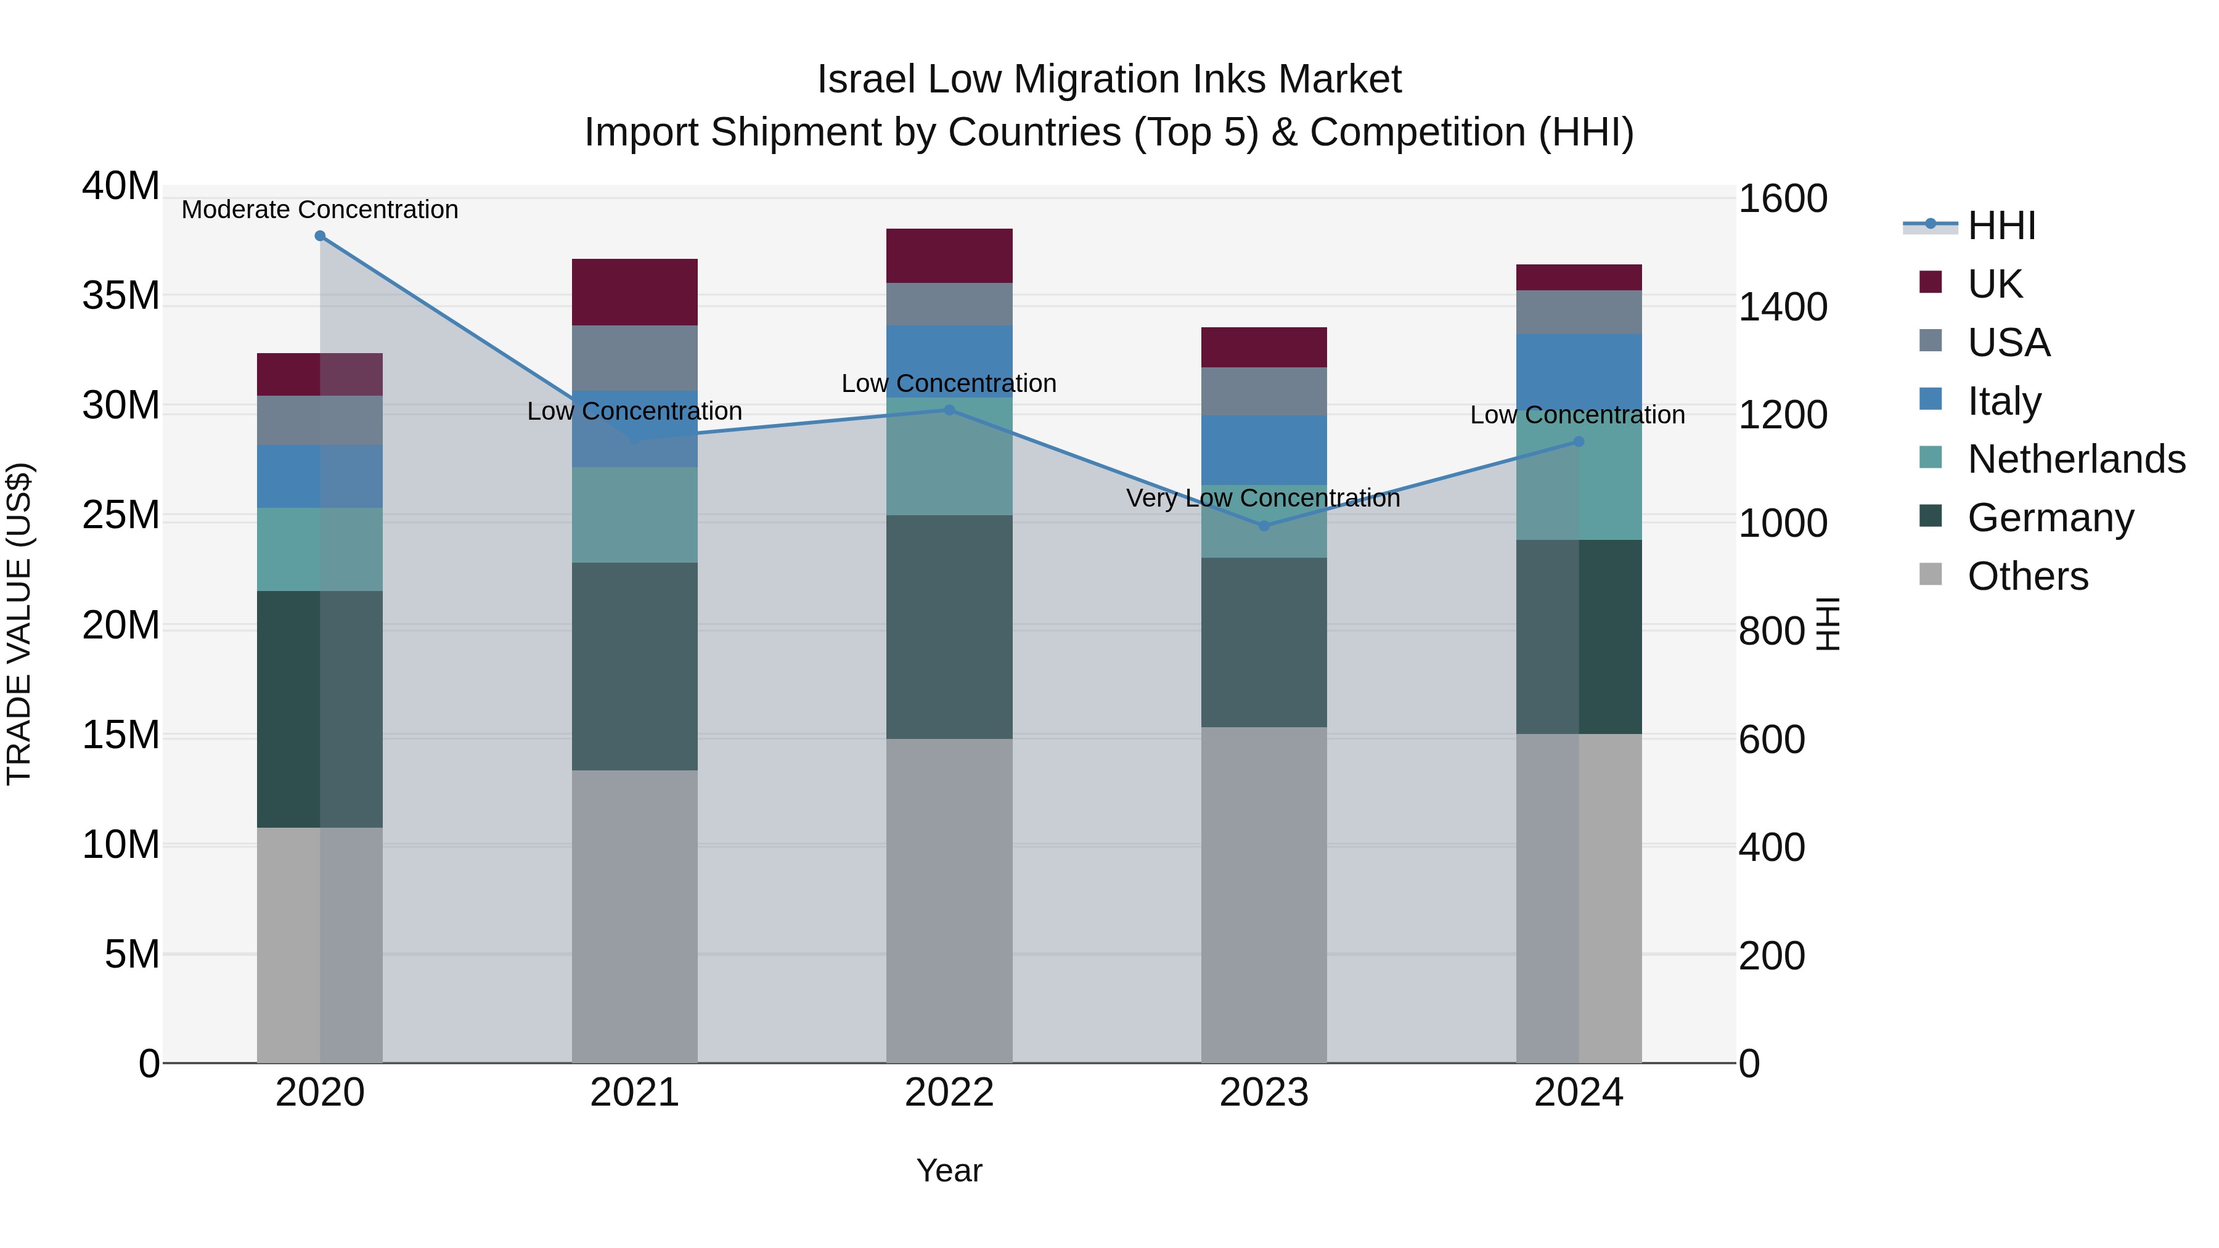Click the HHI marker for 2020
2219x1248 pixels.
tap(319, 235)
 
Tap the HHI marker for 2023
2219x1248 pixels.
tap(1264, 525)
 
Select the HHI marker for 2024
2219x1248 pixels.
tap(1578, 442)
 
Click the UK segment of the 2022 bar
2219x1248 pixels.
tap(949, 256)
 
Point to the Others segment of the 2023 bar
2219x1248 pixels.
tap(1264, 894)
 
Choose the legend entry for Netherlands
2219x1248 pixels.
tap(2076, 459)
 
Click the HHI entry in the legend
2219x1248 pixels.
tap(2001, 226)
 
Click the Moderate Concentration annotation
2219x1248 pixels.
tap(319, 210)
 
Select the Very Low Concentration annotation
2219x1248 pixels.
tap(1263, 498)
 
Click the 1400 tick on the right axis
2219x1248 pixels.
tap(1782, 307)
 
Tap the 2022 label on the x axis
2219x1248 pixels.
tap(949, 1093)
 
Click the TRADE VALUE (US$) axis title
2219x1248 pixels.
tap(19, 624)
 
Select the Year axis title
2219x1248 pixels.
tap(949, 1170)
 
